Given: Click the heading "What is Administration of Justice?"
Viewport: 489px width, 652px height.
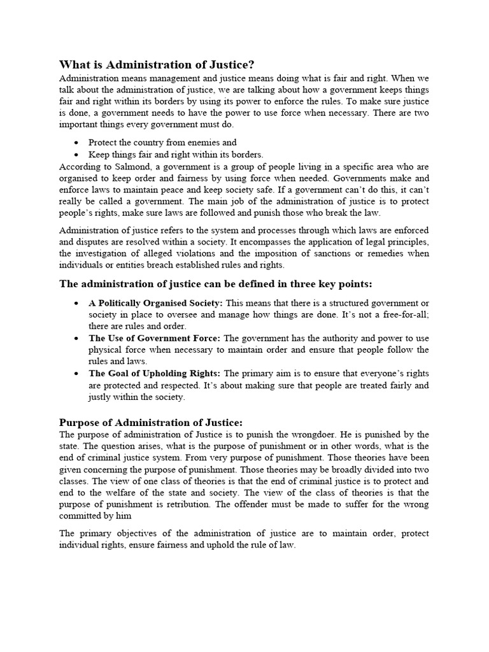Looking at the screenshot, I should (x=157, y=64).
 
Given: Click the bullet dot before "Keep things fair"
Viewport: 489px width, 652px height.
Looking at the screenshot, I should (x=76, y=155).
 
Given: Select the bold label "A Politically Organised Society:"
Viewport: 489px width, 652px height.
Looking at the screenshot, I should (x=155, y=303).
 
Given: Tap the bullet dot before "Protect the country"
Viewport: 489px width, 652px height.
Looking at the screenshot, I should (x=76, y=143).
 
